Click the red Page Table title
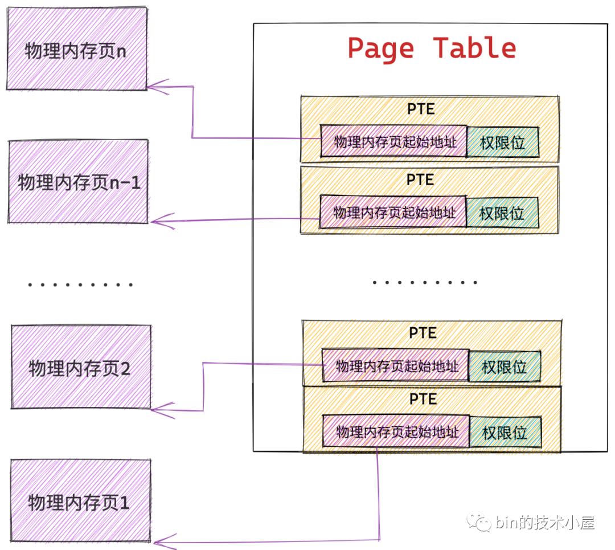tap(431, 48)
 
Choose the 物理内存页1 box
tap(80, 502)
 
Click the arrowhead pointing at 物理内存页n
tap(155, 87)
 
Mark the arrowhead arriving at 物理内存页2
tap(159, 408)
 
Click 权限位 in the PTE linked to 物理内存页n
tap(503, 142)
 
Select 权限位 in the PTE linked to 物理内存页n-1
tap(502, 213)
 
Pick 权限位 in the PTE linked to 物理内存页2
tap(505, 366)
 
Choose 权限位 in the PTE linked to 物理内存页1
tap(505, 432)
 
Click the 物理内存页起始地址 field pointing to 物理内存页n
tap(393, 141)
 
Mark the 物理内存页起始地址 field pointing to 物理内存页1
tap(396, 431)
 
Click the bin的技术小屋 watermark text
tap(545, 522)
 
